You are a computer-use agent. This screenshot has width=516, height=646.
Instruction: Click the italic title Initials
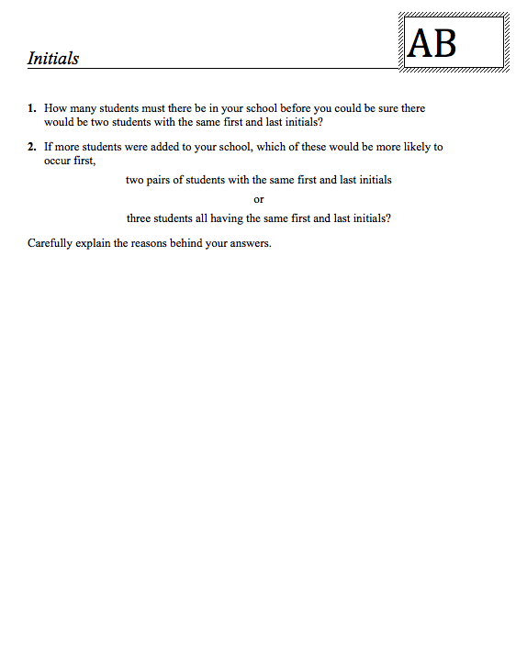pos(53,59)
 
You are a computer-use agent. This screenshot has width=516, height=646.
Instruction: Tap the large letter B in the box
pos(444,43)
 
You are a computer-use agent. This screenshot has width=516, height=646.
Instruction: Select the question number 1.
pos(31,108)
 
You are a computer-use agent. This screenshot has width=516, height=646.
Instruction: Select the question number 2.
pos(31,147)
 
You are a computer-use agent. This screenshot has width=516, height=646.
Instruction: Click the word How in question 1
pos(54,108)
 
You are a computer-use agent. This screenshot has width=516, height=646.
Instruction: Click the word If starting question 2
pos(49,147)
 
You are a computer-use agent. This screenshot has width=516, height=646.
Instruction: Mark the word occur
pos(58,160)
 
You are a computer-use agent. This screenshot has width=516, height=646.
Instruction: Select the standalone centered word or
pos(259,199)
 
